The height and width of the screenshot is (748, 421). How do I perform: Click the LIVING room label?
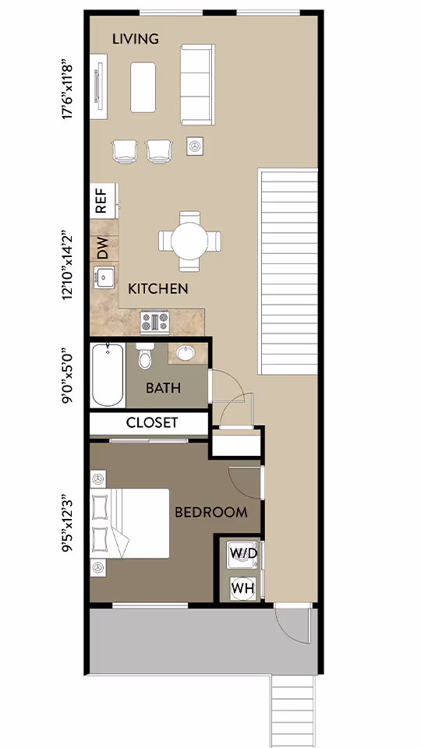(136, 38)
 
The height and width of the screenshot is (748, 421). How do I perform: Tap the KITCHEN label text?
(157, 289)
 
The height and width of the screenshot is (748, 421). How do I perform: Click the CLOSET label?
(152, 423)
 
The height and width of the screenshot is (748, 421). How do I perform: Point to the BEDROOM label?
(210, 512)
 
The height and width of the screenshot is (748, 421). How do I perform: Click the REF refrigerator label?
(101, 200)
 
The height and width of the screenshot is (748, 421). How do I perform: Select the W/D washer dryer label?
(242, 553)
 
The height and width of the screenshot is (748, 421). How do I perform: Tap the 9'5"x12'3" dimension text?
(72, 519)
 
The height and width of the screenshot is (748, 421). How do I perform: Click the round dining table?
(189, 242)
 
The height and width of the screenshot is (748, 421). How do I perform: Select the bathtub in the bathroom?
(108, 376)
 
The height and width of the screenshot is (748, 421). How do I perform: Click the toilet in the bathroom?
(144, 357)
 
